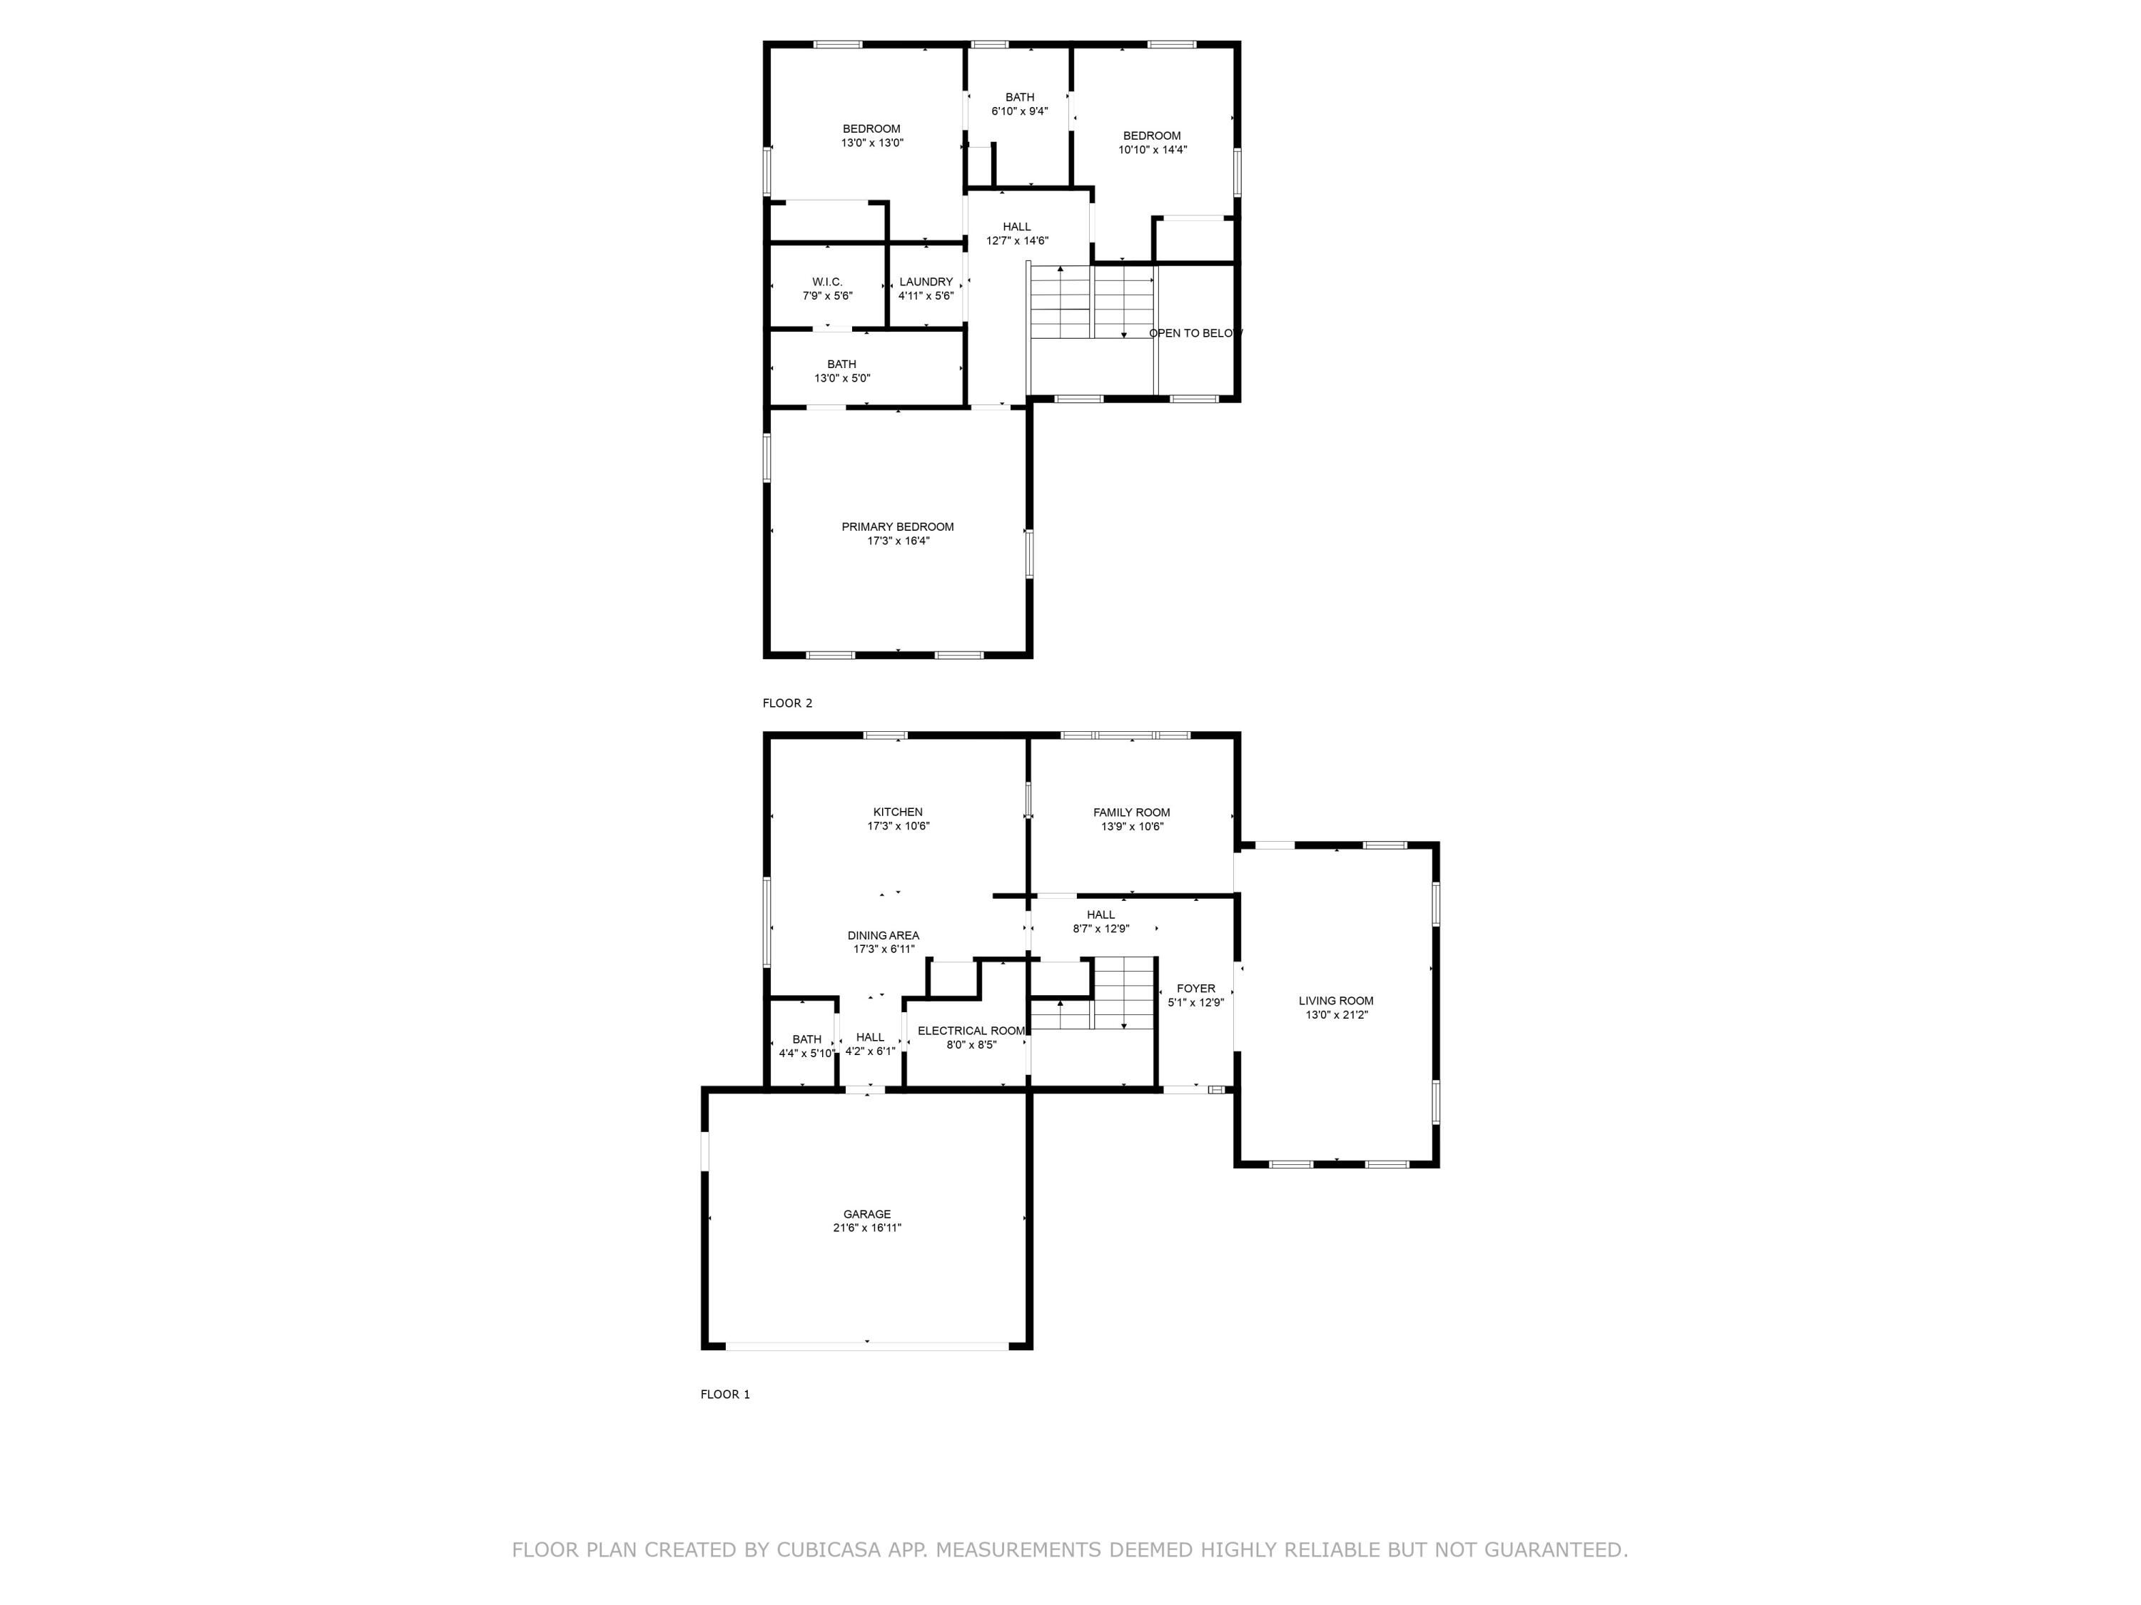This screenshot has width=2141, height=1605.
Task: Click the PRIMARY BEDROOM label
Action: [x=897, y=527]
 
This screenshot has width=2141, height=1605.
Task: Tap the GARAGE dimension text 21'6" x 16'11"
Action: [x=866, y=1228]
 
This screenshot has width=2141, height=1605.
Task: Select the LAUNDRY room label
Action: [x=926, y=282]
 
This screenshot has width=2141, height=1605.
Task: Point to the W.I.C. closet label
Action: [x=826, y=282]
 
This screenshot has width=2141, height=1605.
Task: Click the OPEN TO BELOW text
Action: [x=1195, y=334]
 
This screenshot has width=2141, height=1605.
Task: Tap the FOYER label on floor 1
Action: [x=1195, y=989]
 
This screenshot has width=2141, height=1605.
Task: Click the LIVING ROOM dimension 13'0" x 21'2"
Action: [x=1336, y=1015]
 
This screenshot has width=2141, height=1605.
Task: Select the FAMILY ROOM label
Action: [x=1131, y=812]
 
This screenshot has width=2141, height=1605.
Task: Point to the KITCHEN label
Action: [x=897, y=812]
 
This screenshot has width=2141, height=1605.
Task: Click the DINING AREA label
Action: [x=883, y=935]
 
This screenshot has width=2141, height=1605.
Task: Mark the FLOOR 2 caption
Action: [x=787, y=703]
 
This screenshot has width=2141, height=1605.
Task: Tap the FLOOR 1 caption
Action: [x=725, y=1394]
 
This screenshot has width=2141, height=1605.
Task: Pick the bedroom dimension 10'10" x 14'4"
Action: [x=1152, y=150]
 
